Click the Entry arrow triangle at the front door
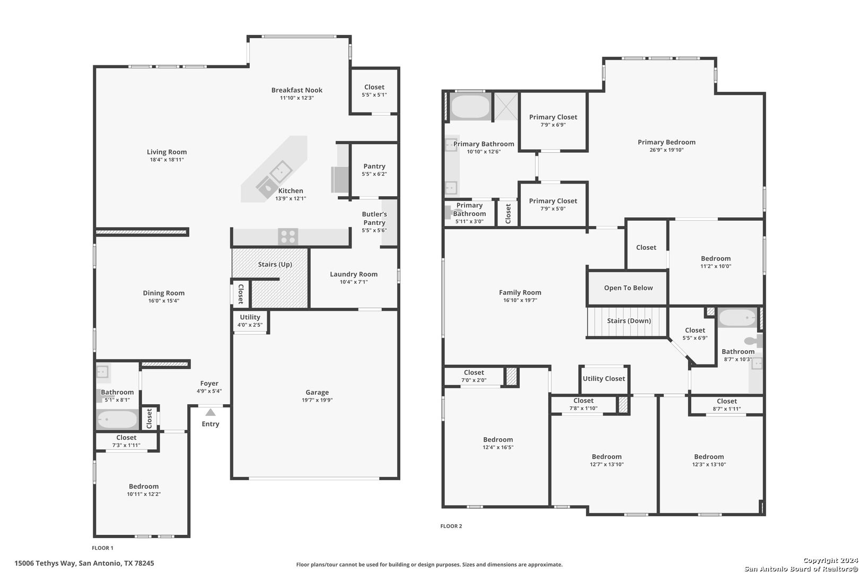click(210, 413)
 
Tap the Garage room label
click(317, 392)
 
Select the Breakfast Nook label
click(297, 90)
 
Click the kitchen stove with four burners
click(288, 237)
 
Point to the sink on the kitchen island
click(281, 171)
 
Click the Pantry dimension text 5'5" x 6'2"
click(374, 174)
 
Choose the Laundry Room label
click(354, 274)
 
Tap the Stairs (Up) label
click(275, 264)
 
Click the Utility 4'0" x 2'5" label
click(250, 320)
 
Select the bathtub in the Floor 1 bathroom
click(117, 419)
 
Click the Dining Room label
click(164, 293)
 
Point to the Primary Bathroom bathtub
click(470, 106)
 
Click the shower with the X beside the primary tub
click(506, 106)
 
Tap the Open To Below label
click(628, 288)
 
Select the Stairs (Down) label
click(629, 321)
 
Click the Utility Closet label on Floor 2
click(604, 378)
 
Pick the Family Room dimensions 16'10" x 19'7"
click(520, 300)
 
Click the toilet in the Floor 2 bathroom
click(753, 341)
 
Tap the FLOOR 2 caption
click(451, 526)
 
